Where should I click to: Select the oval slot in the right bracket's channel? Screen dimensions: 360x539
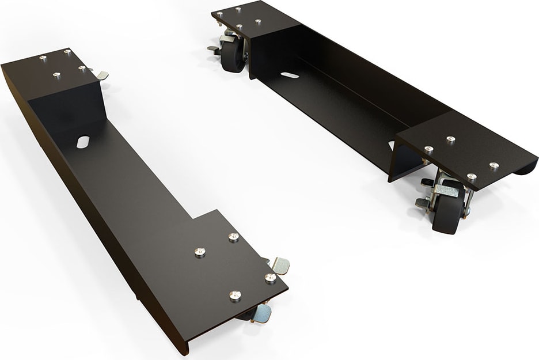click(x=290, y=75)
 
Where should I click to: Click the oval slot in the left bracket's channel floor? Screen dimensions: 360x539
click(x=83, y=141)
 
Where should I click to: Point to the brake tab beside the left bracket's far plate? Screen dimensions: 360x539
click(x=102, y=75)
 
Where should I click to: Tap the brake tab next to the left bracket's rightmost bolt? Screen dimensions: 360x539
click(x=280, y=265)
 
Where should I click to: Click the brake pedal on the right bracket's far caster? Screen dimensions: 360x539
click(x=213, y=50)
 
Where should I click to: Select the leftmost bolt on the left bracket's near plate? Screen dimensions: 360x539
click(x=200, y=252)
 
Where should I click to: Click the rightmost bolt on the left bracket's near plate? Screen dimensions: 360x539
click(x=270, y=278)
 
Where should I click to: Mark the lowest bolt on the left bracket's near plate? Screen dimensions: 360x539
click(x=234, y=295)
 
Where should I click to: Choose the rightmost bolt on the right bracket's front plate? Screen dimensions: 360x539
click(x=494, y=166)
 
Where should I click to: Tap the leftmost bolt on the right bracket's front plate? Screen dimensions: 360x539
click(x=428, y=149)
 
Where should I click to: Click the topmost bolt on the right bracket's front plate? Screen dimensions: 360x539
click(x=450, y=139)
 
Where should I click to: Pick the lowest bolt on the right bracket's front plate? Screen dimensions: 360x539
click(x=472, y=176)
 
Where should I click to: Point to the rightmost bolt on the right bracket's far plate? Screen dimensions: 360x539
click(x=257, y=22)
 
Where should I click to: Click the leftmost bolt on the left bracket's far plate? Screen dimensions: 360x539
click(x=43, y=58)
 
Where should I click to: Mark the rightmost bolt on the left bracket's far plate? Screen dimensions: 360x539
click(x=82, y=69)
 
